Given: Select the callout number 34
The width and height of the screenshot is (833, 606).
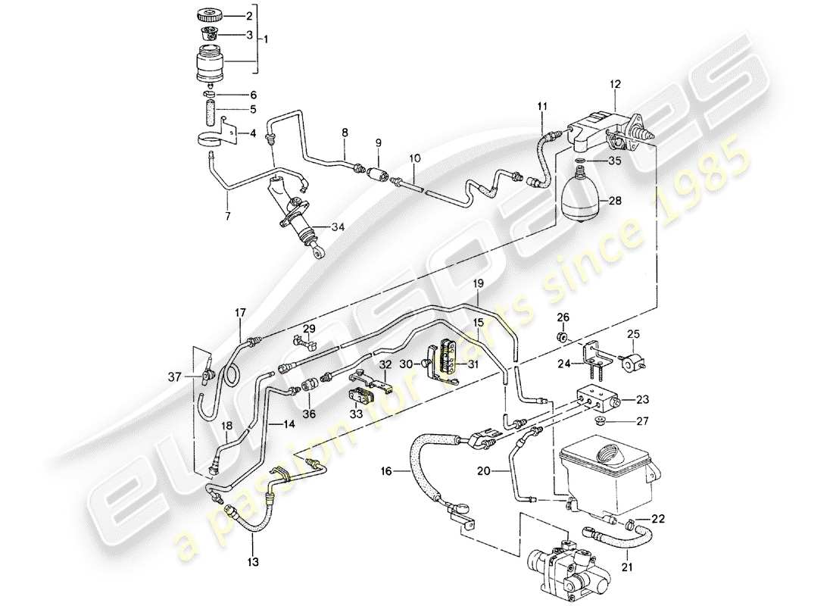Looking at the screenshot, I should pyautogui.click(x=337, y=226).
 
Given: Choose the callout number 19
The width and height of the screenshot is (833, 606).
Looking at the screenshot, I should pyautogui.click(x=479, y=283).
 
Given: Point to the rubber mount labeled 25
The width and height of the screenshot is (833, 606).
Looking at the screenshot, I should pyautogui.click(x=631, y=361).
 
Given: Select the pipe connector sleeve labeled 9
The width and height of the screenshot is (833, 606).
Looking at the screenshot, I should pyautogui.click(x=376, y=174).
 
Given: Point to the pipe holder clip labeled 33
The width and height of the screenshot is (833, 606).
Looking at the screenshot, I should pyautogui.click(x=359, y=395).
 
